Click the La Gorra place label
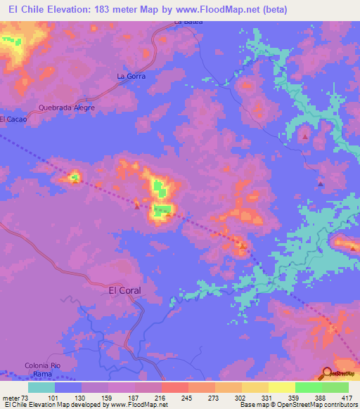131,75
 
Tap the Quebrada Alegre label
67,108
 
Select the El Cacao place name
13,119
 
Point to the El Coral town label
124,290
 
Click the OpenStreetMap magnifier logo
328,372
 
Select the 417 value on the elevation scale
348,398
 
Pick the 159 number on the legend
108,398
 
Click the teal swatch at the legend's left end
41,387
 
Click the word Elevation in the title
63,8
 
